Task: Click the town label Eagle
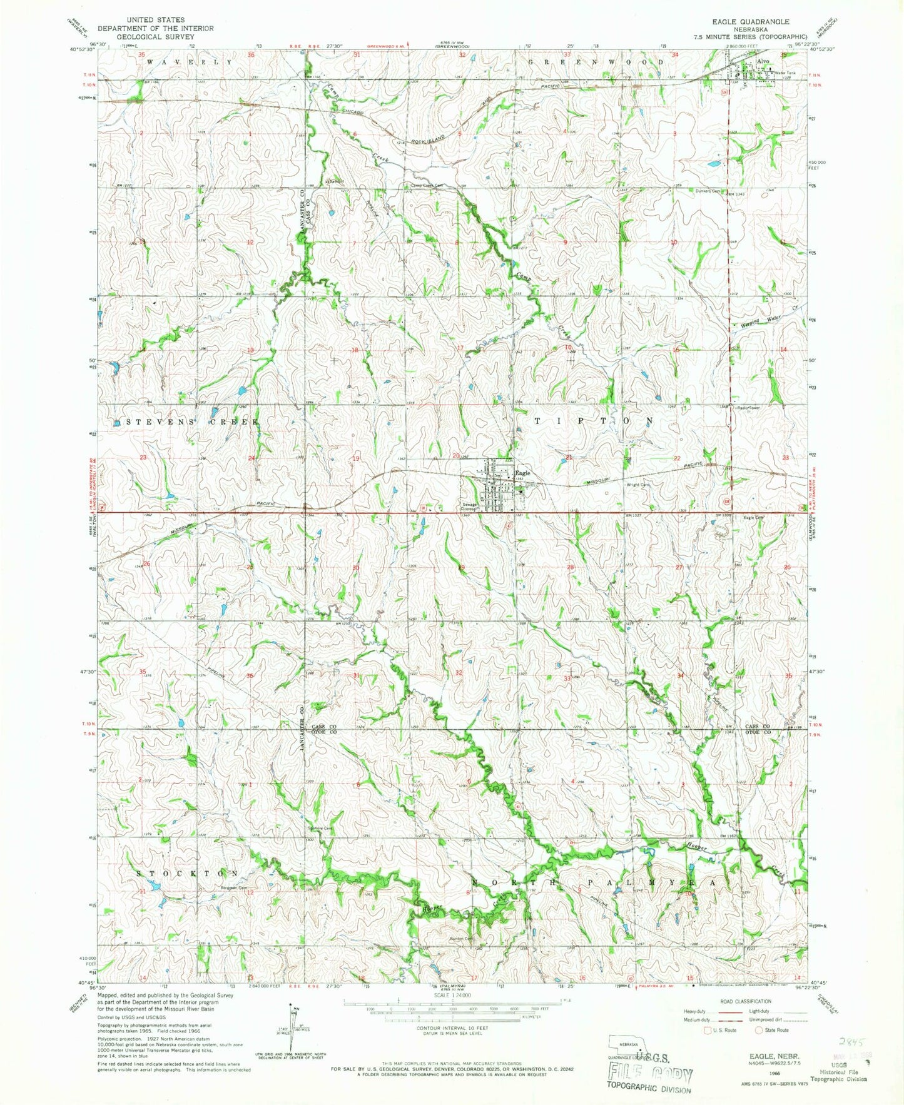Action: point(523,473)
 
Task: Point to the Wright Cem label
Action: point(639,485)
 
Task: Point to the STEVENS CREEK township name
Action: point(193,422)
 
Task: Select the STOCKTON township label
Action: point(188,873)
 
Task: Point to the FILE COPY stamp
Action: point(651,1074)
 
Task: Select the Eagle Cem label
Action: point(753,518)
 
